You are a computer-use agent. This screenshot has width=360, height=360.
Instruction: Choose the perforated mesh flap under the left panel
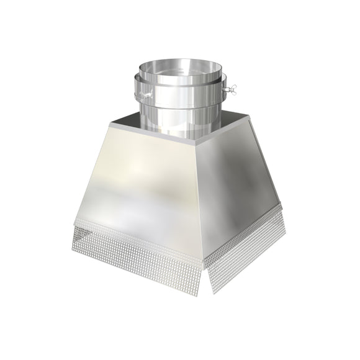pos(137,248)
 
